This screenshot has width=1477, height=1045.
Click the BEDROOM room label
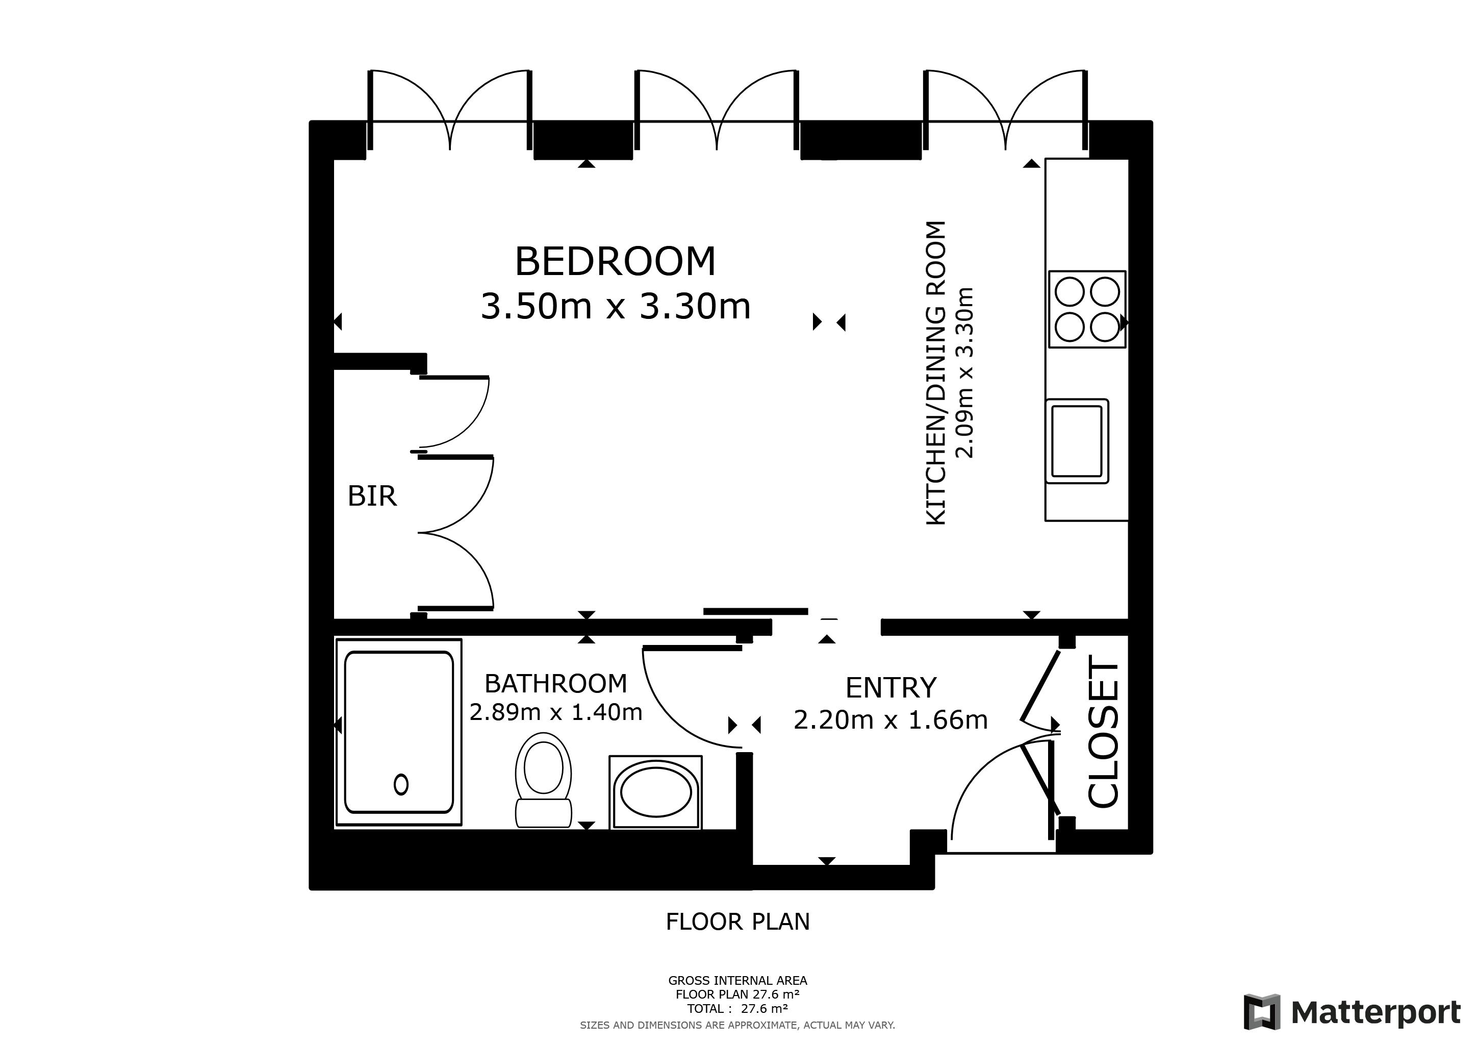click(x=615, y=261)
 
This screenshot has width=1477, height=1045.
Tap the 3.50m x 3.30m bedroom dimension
click(x=616, y=306)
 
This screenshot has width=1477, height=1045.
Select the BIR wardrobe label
click(x=372, y=496)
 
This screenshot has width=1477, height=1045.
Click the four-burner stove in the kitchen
click(x=1087, y=310)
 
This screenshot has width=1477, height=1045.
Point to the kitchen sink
click(x=1077, y=441)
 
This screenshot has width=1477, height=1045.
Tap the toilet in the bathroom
click(x=544, y=780)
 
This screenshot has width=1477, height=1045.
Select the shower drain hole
click(x=401, y=784)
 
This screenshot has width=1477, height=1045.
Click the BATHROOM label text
click(x=556, y=683)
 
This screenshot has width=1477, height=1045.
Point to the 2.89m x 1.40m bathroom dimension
click(x=556, y=712)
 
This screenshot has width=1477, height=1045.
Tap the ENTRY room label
click(x=891, y=688)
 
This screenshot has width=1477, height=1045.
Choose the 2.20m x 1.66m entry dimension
click(x=891, y=720)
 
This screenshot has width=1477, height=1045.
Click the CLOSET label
click(x=1104, y=732)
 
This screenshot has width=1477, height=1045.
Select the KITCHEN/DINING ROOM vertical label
click(x=936, y=373)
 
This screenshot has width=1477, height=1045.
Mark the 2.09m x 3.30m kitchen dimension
click(x=965, y=372)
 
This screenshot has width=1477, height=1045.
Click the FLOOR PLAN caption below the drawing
click(x=738, y=922)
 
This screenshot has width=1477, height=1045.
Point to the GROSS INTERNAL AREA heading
click(x=738, y=981)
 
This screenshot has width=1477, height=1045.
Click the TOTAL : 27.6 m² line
click(x=738, y=1009)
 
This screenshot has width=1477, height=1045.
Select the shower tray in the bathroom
click(x=399, y=732)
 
